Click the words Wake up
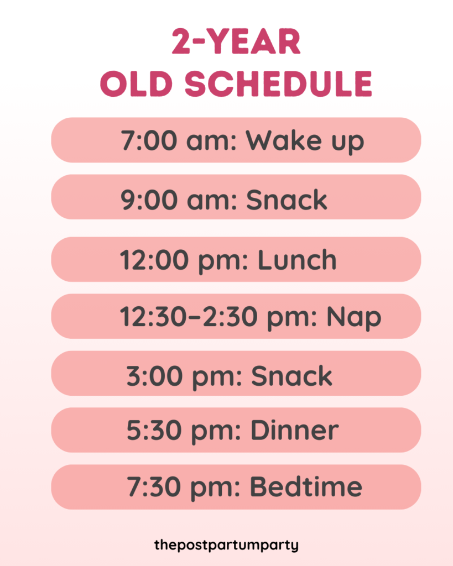(305, 140)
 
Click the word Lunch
(297, 260)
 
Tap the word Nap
(353, 317)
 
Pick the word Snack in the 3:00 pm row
(292, 376)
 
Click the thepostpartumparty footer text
(226, 545)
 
